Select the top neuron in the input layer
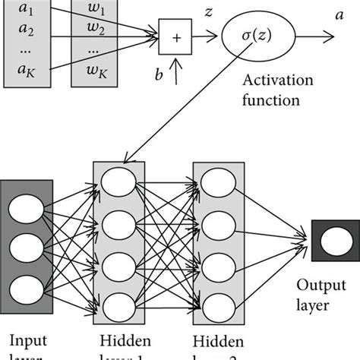pyautogui.click(x=27, y=207)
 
